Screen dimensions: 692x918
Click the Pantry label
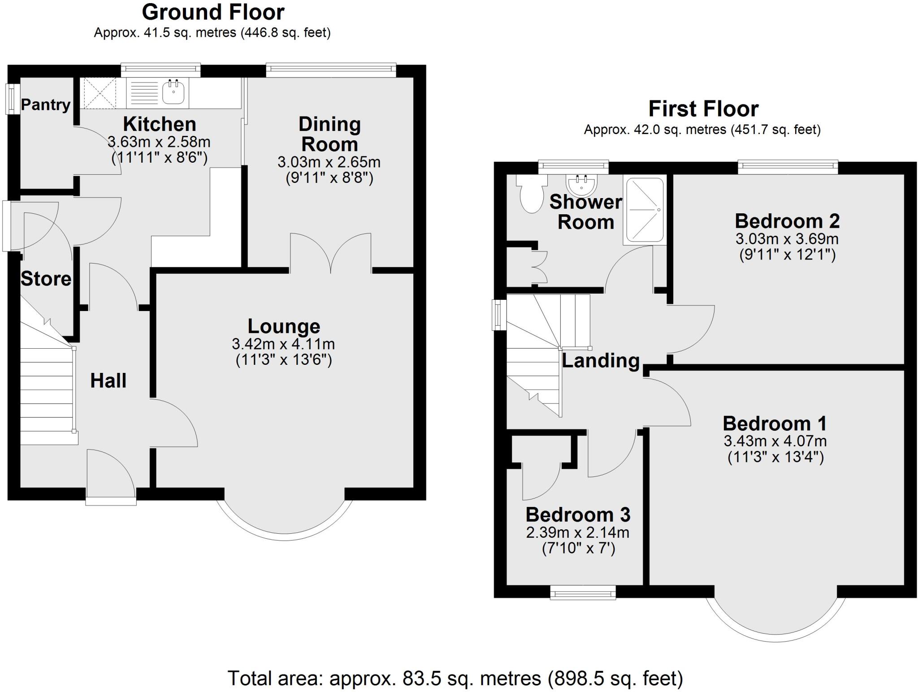pos(46,104)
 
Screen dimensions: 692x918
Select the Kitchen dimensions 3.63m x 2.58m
pos(159,142)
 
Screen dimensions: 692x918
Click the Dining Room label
pos(329,134)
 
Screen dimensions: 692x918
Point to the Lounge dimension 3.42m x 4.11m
pos(283,344)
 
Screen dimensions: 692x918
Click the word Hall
pos(108,381)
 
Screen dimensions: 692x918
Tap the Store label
pos(46,279)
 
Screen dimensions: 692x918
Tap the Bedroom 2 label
pos(787,221)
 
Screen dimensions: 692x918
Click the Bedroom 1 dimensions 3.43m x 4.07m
pos(775,441)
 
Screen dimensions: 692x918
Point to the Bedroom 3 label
pos(578,515)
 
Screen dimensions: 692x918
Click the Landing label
pos(601,360)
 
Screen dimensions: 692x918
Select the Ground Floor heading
pos(213,12)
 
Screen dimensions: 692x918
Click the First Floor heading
pos(703,109)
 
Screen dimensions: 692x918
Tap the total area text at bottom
pos(455,678)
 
